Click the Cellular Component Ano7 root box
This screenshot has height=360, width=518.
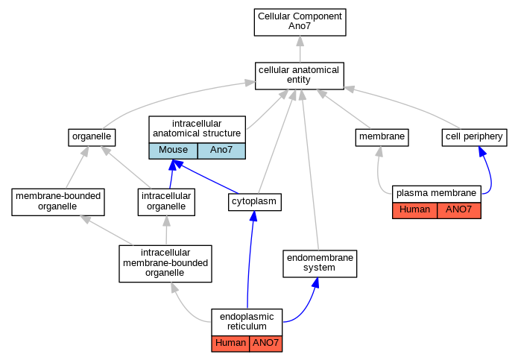(x=300, y=22)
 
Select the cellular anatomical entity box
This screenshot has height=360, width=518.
(x=300, y=76)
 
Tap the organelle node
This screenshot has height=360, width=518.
(x=92, y=137)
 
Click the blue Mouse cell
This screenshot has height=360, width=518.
(x=173, y=151)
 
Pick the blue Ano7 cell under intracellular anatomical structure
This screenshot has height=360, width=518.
(x=221, y=151)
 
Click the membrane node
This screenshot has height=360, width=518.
(x=382, y=137)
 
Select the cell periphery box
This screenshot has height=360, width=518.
(x=474, y=137)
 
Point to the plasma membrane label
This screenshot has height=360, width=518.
(x=437, y=194)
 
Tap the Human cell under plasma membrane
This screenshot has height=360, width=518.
(x=414, y=210)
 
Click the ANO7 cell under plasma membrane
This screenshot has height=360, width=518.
(x=459, y=210)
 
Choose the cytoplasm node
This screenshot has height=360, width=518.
(x=255, y=202)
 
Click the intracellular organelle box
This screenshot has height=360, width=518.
(x=166, y=202)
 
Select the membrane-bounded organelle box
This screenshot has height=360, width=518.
(x=58, y=202)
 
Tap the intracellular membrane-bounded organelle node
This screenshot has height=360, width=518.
(x=165, y=264)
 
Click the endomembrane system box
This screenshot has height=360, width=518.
(x=320, y=264)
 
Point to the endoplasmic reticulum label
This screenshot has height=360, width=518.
(x=247, y=322)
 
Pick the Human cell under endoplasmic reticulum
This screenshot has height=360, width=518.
(x=230, y=344)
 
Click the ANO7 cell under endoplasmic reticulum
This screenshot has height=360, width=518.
(x=266, y=344)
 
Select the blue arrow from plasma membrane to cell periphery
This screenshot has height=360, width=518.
(x=490, y=171)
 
